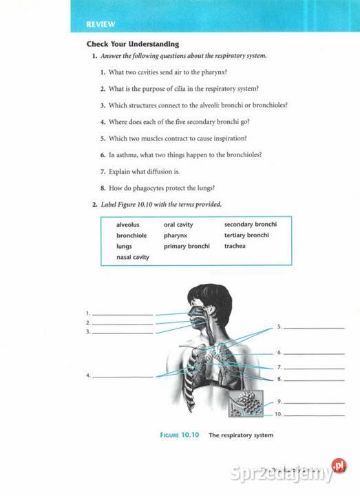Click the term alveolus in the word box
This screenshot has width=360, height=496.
coord(127,225)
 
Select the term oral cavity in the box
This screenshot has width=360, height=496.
coord(178,225)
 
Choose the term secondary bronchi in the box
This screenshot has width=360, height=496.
coord(251,225)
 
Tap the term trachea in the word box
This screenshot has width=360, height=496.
coord(235,246)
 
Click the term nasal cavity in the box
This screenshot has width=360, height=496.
coord(133,257)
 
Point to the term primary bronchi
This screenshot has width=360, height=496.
coord(187,246)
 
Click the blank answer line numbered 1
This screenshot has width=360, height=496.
coord(123,315)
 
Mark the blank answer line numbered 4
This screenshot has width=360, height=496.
coord(123,377)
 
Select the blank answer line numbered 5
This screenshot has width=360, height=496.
coord(313,328)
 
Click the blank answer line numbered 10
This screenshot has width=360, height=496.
coord(313,415)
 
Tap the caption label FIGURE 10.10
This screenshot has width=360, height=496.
coord(179,435)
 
